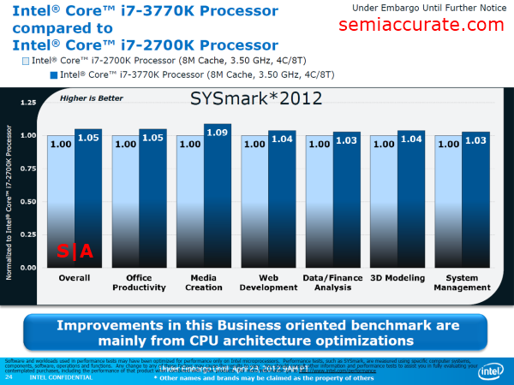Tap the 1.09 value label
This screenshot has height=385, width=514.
[x=217, y=133]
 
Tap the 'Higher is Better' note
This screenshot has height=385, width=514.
[x=93, y=98]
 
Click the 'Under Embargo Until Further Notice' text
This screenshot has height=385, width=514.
[x=433, y=8]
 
